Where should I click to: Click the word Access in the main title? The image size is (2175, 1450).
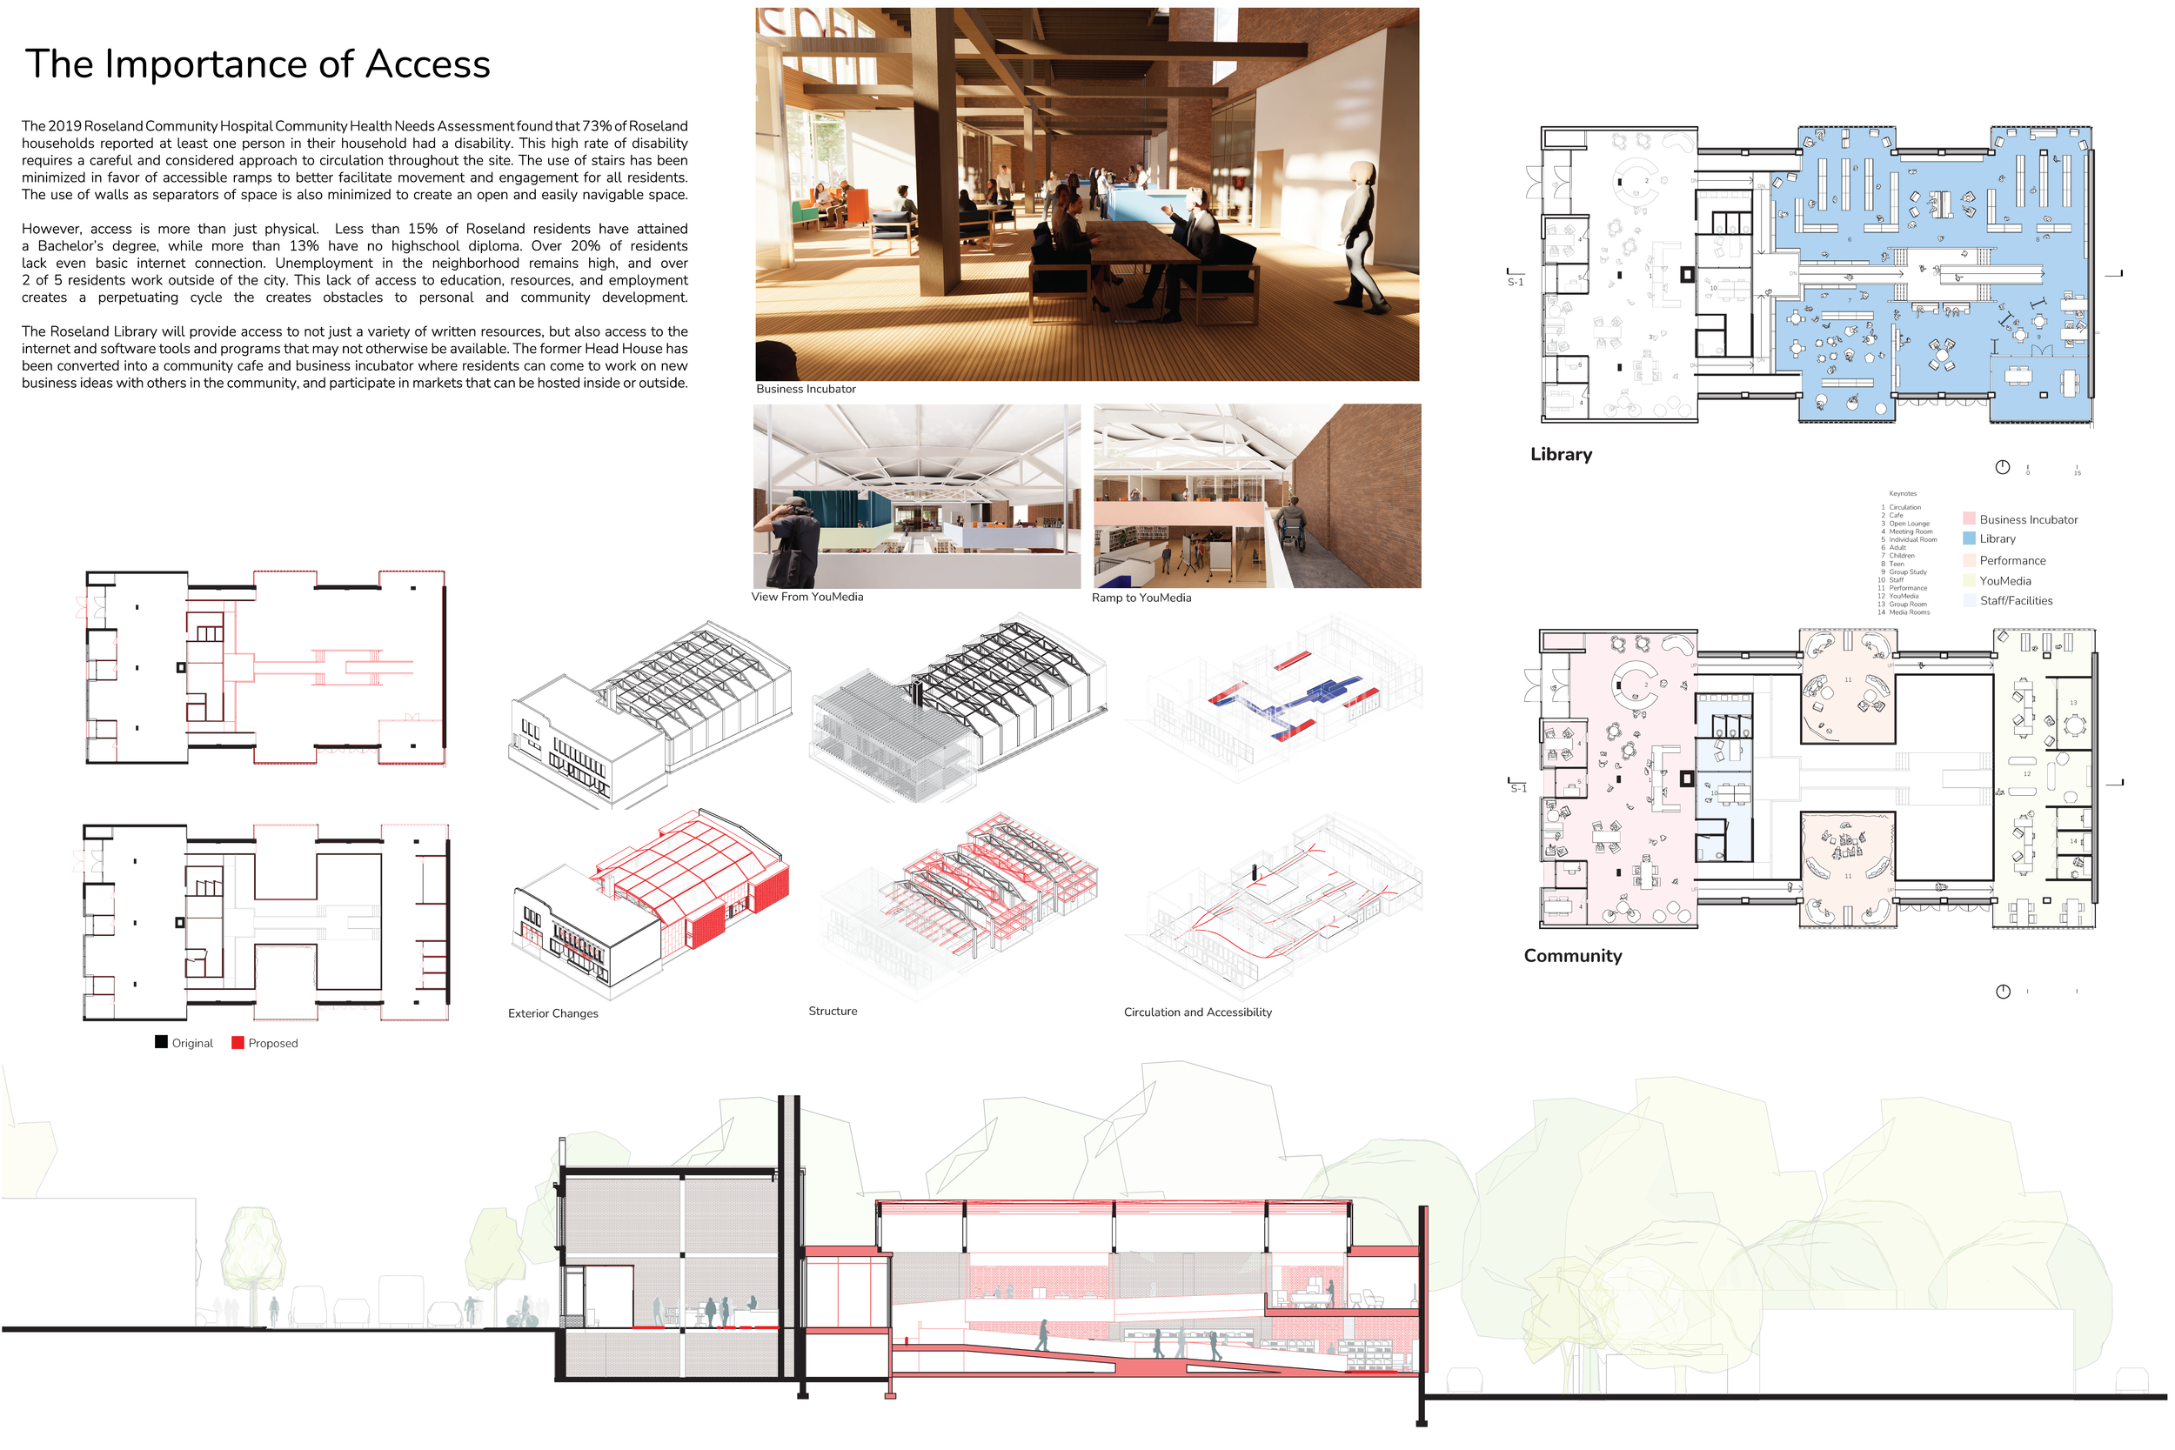[427, 64]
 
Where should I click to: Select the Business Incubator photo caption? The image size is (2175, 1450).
[806, 390]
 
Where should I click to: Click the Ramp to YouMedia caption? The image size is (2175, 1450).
[1141, 598]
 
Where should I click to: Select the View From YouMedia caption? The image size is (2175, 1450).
[807, 598]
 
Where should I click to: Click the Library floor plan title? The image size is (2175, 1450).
[1561, 455]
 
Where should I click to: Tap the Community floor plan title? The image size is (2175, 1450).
[1572, 956]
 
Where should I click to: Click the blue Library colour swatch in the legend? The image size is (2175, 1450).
[1969, 539]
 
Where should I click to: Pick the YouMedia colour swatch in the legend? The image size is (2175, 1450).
[1969, 582]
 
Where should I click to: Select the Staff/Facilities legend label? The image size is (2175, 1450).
[2016, 601]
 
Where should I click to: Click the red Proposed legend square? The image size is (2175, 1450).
[238, 1043]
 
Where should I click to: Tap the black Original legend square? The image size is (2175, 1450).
[161, 1043]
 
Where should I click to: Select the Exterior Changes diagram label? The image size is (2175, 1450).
[553, 1014]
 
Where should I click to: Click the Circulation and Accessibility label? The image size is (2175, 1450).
[1197, 1012]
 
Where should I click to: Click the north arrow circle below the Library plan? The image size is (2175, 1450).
[2002, 468]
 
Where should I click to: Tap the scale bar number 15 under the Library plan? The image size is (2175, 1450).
[2077, 473]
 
